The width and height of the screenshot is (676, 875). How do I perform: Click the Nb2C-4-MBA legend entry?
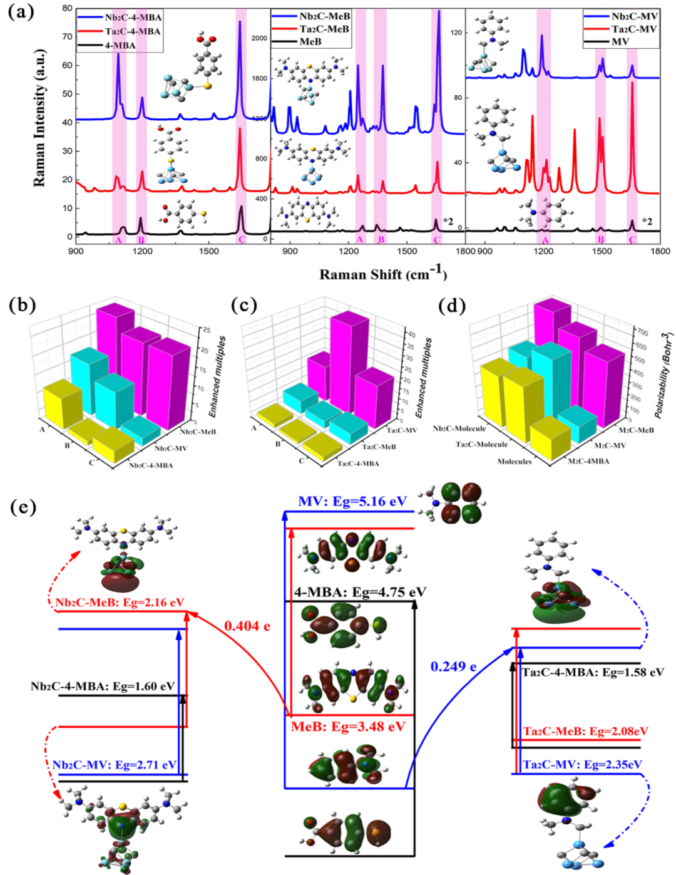(133, 17)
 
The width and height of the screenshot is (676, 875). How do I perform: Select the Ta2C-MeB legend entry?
(324, 29)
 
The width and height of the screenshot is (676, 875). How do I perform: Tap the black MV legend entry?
(620, 41)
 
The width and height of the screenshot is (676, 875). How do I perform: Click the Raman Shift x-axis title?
(383, 274)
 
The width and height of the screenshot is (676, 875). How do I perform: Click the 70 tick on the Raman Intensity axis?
(67, 36)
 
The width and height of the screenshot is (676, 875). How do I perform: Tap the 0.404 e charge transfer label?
(247, 626)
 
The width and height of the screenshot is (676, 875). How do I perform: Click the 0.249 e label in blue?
(453, 666)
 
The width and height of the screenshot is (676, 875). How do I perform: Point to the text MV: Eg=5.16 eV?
(352, 502)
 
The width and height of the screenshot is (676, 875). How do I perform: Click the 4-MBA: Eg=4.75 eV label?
(361, 592)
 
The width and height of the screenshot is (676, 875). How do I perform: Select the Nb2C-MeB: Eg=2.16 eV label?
(120, 603)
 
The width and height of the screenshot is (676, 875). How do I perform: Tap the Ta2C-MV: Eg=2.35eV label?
(582, 765)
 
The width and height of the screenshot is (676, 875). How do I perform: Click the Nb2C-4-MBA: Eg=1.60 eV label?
(103, 686)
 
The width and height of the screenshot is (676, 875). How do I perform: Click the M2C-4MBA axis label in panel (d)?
(588, 461)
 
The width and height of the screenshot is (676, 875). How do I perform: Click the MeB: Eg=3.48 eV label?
(348, 727)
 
